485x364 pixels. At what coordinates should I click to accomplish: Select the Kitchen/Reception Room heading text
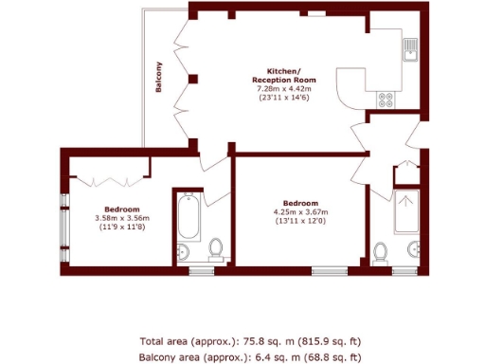click(x=284, y=76)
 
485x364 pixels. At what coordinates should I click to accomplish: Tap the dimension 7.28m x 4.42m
click(x=284, y=89)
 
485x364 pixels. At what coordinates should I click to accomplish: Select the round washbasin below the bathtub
click(x=185, y=251)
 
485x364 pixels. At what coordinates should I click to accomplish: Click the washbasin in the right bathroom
click(x=415, y=249)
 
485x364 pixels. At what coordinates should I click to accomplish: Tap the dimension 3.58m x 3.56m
click(x=123, y=218)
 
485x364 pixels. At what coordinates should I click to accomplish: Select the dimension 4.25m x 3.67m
click(x=299, y=212)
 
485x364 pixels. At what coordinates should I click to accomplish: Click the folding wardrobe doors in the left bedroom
click(x=111, y=178)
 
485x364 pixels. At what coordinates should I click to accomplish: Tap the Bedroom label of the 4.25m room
click(x=299, y=203)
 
